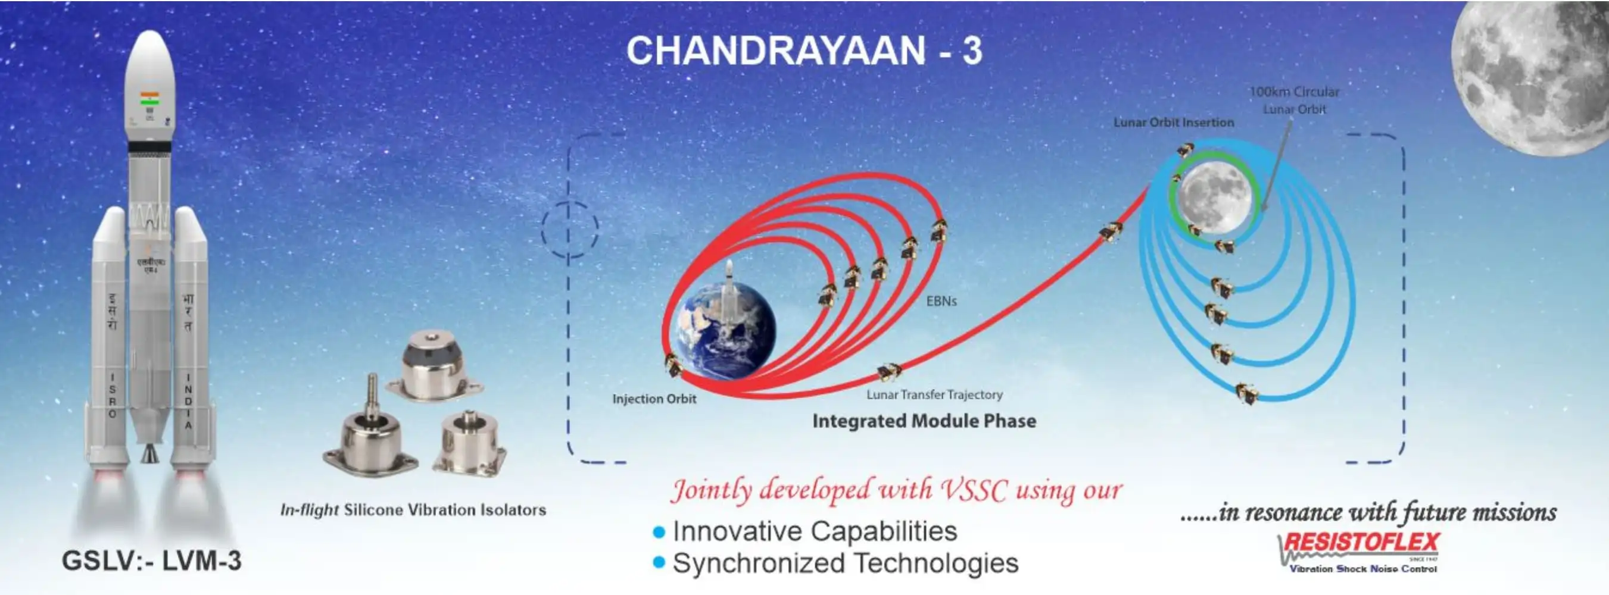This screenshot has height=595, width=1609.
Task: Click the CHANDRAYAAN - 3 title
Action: pyautogui.click(x=804, y=51)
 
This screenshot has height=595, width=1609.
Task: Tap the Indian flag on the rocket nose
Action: pyautogui.click(x=149, y=98)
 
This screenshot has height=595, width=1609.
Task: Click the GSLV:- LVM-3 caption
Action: pyautogui.click(x=151, y=560)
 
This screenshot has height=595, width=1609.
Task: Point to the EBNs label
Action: pyautogui.click(x=941, y=302)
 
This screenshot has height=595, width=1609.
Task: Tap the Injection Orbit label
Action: pyautogui.click(x=654, y=399)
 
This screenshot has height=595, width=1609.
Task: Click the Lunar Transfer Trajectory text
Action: pyautogui.click(x=934, y=394)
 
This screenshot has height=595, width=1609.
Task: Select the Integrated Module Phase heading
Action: pyautogui.click(x=924, y=421)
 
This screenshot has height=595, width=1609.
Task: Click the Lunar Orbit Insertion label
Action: pyautogui.click(x=1173, y=123)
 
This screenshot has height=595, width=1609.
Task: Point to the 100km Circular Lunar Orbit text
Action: pyautogui.click(x=1294, y=100)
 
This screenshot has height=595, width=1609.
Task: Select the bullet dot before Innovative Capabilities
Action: pyautogui.click(x=659, y=533)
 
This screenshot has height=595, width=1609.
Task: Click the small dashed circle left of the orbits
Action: pyautogui.click(x=569, y=229)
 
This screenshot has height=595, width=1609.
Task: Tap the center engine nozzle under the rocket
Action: pyautogui.click(x=149, y=453)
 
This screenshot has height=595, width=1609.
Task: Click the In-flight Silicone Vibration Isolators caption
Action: pyautogui.click(x=413, y=510)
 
